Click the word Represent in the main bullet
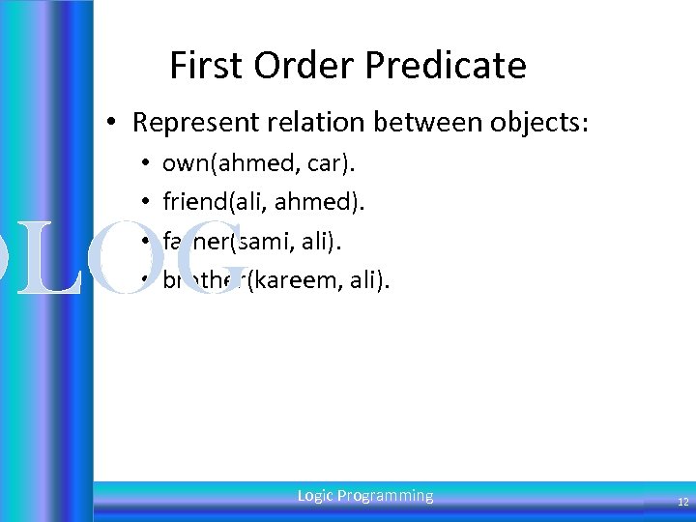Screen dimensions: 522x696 coord(188,123)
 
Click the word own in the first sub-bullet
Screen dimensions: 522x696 coord(182,163)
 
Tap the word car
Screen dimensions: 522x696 coord(324,163)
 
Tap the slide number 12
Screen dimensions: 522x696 coord(682,502)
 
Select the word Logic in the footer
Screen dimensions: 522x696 coord(315,496)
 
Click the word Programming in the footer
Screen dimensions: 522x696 coord(386,496)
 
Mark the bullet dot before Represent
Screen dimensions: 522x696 coord(113,123)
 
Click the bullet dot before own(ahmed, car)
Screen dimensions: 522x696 coord(143,163)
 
